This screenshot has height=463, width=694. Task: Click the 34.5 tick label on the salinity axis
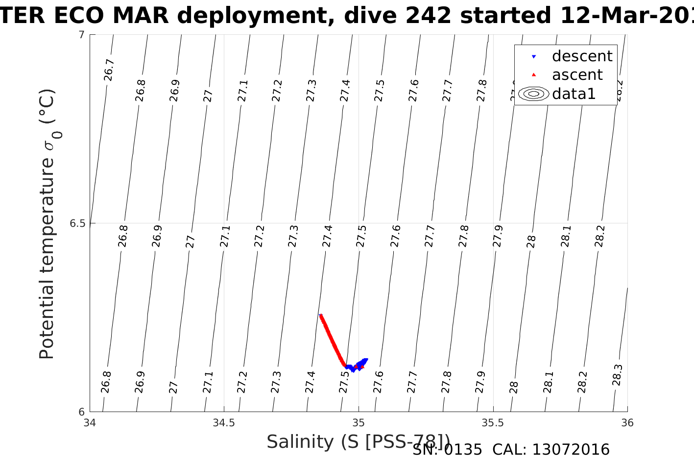[x=224, y=423]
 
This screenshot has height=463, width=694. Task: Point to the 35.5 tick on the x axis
[x=493, y=423]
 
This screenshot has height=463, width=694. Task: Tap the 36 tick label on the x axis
[x=627, y=423]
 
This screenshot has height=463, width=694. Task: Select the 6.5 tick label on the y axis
[x=77, y=223]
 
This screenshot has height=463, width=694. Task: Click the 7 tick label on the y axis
[x=82, y=35]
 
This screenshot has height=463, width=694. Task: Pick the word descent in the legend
[x=582, y=56]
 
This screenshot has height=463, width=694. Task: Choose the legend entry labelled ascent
[x=577, y=75]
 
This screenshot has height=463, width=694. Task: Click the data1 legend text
[x=574, y=94]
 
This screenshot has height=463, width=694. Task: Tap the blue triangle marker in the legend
[x=534, y=57]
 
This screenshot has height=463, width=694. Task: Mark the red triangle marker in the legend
[x=534, y=75]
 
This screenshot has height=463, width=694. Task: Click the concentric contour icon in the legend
[x=534, y=94]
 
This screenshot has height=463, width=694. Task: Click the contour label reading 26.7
[x=109, y=70]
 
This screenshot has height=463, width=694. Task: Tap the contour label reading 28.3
[x=617, y=375]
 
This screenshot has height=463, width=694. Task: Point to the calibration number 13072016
[x=571, y=450]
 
